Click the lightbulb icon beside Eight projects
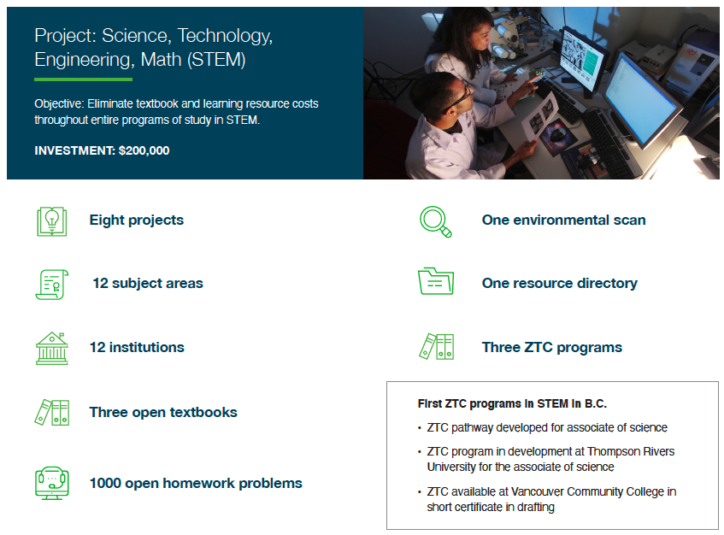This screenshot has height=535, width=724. coord(51,221)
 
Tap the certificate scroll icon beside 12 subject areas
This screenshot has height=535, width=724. coord(51,285)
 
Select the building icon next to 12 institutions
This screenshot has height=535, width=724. coord(51,349)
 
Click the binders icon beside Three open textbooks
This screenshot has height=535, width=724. coord(51,412)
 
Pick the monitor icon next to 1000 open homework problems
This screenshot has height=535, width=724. coord(51,483)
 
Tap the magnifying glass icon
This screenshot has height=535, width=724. coord(435,221)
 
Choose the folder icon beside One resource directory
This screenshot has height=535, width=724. coord(436,281)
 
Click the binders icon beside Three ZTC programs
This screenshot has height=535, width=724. coord(436,347)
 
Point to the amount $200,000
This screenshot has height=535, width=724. coord(144,150)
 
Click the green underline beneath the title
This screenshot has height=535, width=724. coord(83,79)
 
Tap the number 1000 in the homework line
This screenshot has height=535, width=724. coord(105,483)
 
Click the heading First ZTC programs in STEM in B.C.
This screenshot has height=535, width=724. coord(512,403)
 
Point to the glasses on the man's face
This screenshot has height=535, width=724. coord(456,99)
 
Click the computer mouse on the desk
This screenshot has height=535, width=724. coord(559,136)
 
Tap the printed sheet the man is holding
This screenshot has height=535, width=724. coord(540,116)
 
